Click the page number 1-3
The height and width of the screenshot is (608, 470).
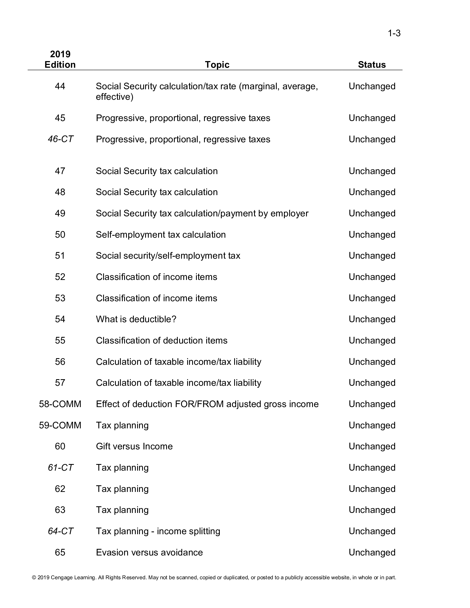(394, 33)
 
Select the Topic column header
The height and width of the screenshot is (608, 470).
(217, 65)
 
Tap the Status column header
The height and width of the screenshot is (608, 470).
(372, 65)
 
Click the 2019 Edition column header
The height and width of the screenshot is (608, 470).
(60, 59)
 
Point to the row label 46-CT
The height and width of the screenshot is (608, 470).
(61, 139)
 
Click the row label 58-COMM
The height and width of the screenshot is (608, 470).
(60, 404)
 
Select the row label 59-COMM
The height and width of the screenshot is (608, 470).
(60, 425)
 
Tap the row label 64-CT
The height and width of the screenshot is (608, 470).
(61, 531)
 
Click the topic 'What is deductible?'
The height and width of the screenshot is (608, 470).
(136, 319)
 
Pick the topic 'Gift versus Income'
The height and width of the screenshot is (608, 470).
(134, 446)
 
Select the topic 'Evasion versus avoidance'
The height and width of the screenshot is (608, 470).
(149, 552)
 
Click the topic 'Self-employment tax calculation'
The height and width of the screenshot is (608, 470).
(161, 234)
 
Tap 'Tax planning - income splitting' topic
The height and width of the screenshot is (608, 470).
(158, 531)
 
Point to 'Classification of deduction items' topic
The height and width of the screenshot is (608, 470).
(161, 340)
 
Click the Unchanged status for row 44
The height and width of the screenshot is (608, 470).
(372, 86)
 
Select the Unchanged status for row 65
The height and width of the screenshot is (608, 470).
(372, 552)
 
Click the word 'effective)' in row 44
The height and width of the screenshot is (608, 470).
(114, 97)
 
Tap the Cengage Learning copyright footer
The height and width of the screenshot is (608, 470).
(214, 577)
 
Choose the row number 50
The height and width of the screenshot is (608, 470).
(60, 234)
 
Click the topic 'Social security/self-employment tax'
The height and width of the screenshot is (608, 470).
(168, 256)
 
